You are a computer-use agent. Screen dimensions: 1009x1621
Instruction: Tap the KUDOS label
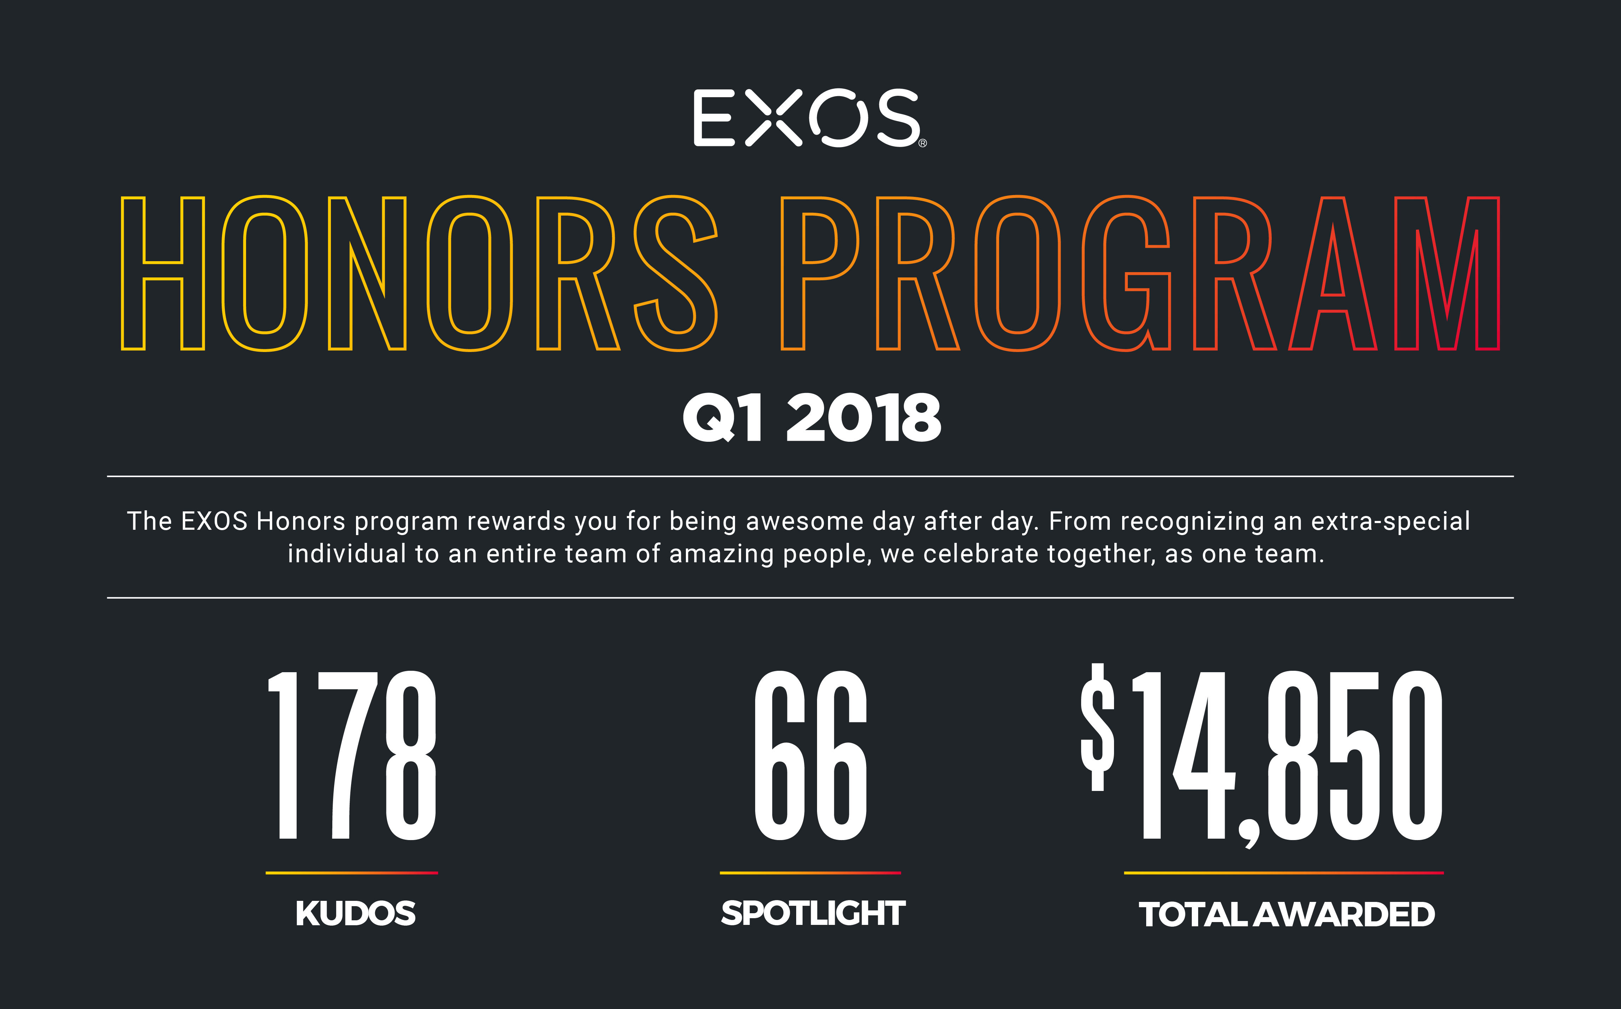tap(355, 914)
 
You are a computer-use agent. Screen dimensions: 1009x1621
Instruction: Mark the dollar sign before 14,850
tap(1097, 727)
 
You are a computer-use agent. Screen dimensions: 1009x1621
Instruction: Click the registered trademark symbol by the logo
tap(923, 143)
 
